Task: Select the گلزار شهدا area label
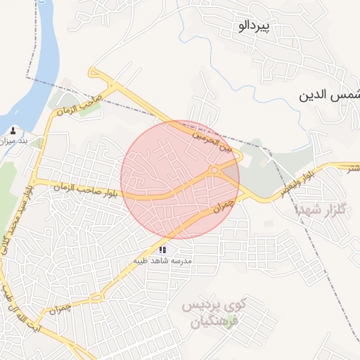[x=319, y=210]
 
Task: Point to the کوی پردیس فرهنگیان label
[x=214, y=314]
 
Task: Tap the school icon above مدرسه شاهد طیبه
[x=162, y=249]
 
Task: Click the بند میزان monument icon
[x=13, y=130]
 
